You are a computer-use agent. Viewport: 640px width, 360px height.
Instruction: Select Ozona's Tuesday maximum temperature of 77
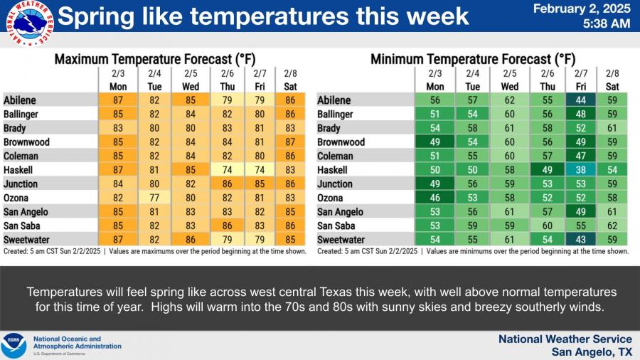(x=154, y=198)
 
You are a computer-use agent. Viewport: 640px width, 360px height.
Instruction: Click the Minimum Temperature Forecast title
(x=473, y=60)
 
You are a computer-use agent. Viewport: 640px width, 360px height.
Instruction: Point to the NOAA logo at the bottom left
(x=14, y=346)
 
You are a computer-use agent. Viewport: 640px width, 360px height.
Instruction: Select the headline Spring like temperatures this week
(x=263, y=16)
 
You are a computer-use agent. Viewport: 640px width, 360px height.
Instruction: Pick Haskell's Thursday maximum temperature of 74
(x=227, y=170)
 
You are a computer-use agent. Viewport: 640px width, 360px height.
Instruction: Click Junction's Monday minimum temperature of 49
(x=434, y=184)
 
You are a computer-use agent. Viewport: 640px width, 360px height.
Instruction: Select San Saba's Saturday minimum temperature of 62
(x=612, y=226)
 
